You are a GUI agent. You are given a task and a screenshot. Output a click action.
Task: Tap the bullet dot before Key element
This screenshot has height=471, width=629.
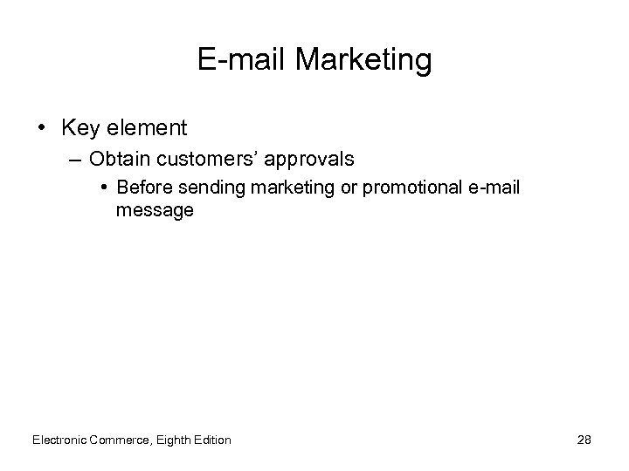[x=42, y=129]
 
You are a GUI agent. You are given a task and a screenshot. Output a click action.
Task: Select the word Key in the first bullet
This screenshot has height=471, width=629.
[x=78, y=129]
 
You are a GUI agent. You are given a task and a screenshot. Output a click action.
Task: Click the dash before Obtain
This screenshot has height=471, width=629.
[x=75, y=160]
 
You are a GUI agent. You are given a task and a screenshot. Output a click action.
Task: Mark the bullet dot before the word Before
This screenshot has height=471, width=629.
[x=103, y=188]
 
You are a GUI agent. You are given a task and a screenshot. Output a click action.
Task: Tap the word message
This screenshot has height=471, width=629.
[x=155, y=210]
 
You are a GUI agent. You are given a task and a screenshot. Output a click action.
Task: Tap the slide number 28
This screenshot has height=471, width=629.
[x=584, y=440]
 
